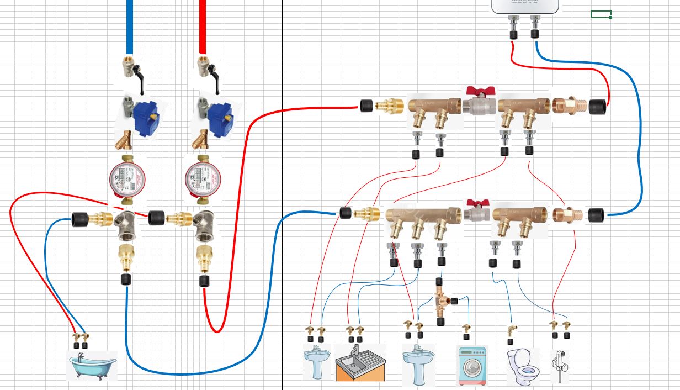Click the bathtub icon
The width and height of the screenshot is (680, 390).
[x=92, y=365]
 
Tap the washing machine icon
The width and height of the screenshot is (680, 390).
[x=473, y=366]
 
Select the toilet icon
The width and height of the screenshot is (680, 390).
[x=522, y=366]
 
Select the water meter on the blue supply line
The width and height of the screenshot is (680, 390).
[x=127, y=178]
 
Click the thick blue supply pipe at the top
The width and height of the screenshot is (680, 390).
[x=130, y=25]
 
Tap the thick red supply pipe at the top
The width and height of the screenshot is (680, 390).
[x=203, y=25]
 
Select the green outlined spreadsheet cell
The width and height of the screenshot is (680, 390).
[x=601, y=14]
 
